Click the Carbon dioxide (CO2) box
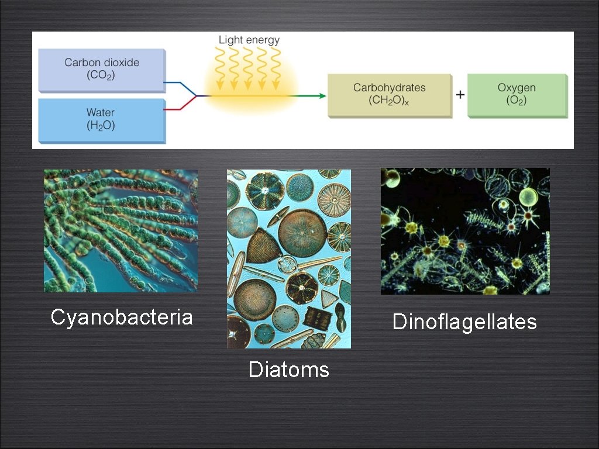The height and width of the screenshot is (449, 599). point(101,69)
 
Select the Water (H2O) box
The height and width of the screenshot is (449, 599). point(101,119)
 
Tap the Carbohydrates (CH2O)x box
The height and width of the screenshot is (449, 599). point(389,94)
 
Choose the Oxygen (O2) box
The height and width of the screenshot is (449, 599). point(517,94)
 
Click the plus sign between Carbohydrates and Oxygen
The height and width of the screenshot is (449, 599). point(460,95)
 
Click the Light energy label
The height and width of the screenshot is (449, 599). point(249,40)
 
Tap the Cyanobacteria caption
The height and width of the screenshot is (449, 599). point(122,317)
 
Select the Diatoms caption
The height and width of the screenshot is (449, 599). point(288,369)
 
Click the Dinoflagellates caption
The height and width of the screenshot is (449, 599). point(464,322)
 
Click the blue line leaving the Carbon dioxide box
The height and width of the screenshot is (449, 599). point(175,83)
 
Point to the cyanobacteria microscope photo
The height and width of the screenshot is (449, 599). point(121,231)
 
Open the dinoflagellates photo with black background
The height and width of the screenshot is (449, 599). point(465,231)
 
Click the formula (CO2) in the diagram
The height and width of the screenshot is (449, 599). point(102,75)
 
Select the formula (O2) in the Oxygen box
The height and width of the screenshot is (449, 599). point(517,101)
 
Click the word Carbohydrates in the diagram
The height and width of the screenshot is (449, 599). point(389,88)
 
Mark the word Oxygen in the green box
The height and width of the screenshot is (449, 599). point(517,88)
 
